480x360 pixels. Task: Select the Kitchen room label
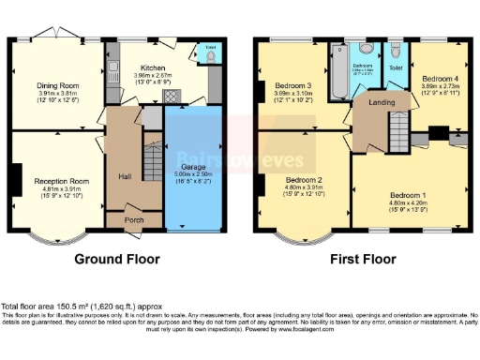point(153,68)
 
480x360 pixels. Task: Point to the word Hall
point(123,175)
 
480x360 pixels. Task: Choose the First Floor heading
point(360,260)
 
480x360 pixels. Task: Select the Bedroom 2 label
point(303,180)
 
